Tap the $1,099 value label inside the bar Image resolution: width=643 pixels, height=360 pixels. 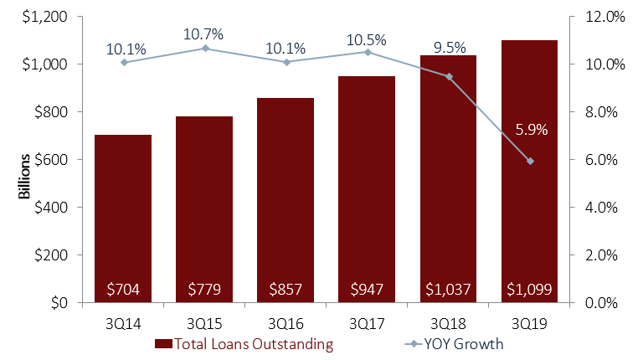[529, 291]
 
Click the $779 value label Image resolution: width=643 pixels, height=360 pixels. [204, 291]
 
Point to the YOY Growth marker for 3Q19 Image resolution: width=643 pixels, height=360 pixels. [530, 161]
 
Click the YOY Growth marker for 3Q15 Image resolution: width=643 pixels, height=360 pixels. [205, 48]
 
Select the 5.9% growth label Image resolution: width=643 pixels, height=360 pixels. [532, 130]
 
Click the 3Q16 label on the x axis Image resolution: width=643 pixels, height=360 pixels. [286, 321]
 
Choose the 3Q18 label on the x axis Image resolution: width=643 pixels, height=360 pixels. [449, 321]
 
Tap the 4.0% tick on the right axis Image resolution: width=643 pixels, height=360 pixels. [601, 207]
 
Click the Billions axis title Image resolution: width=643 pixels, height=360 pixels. [24, 176]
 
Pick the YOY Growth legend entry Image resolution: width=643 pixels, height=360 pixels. [456, 343]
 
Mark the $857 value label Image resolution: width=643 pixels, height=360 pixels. [286, 291]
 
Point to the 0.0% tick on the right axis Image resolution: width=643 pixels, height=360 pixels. [601, 302]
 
